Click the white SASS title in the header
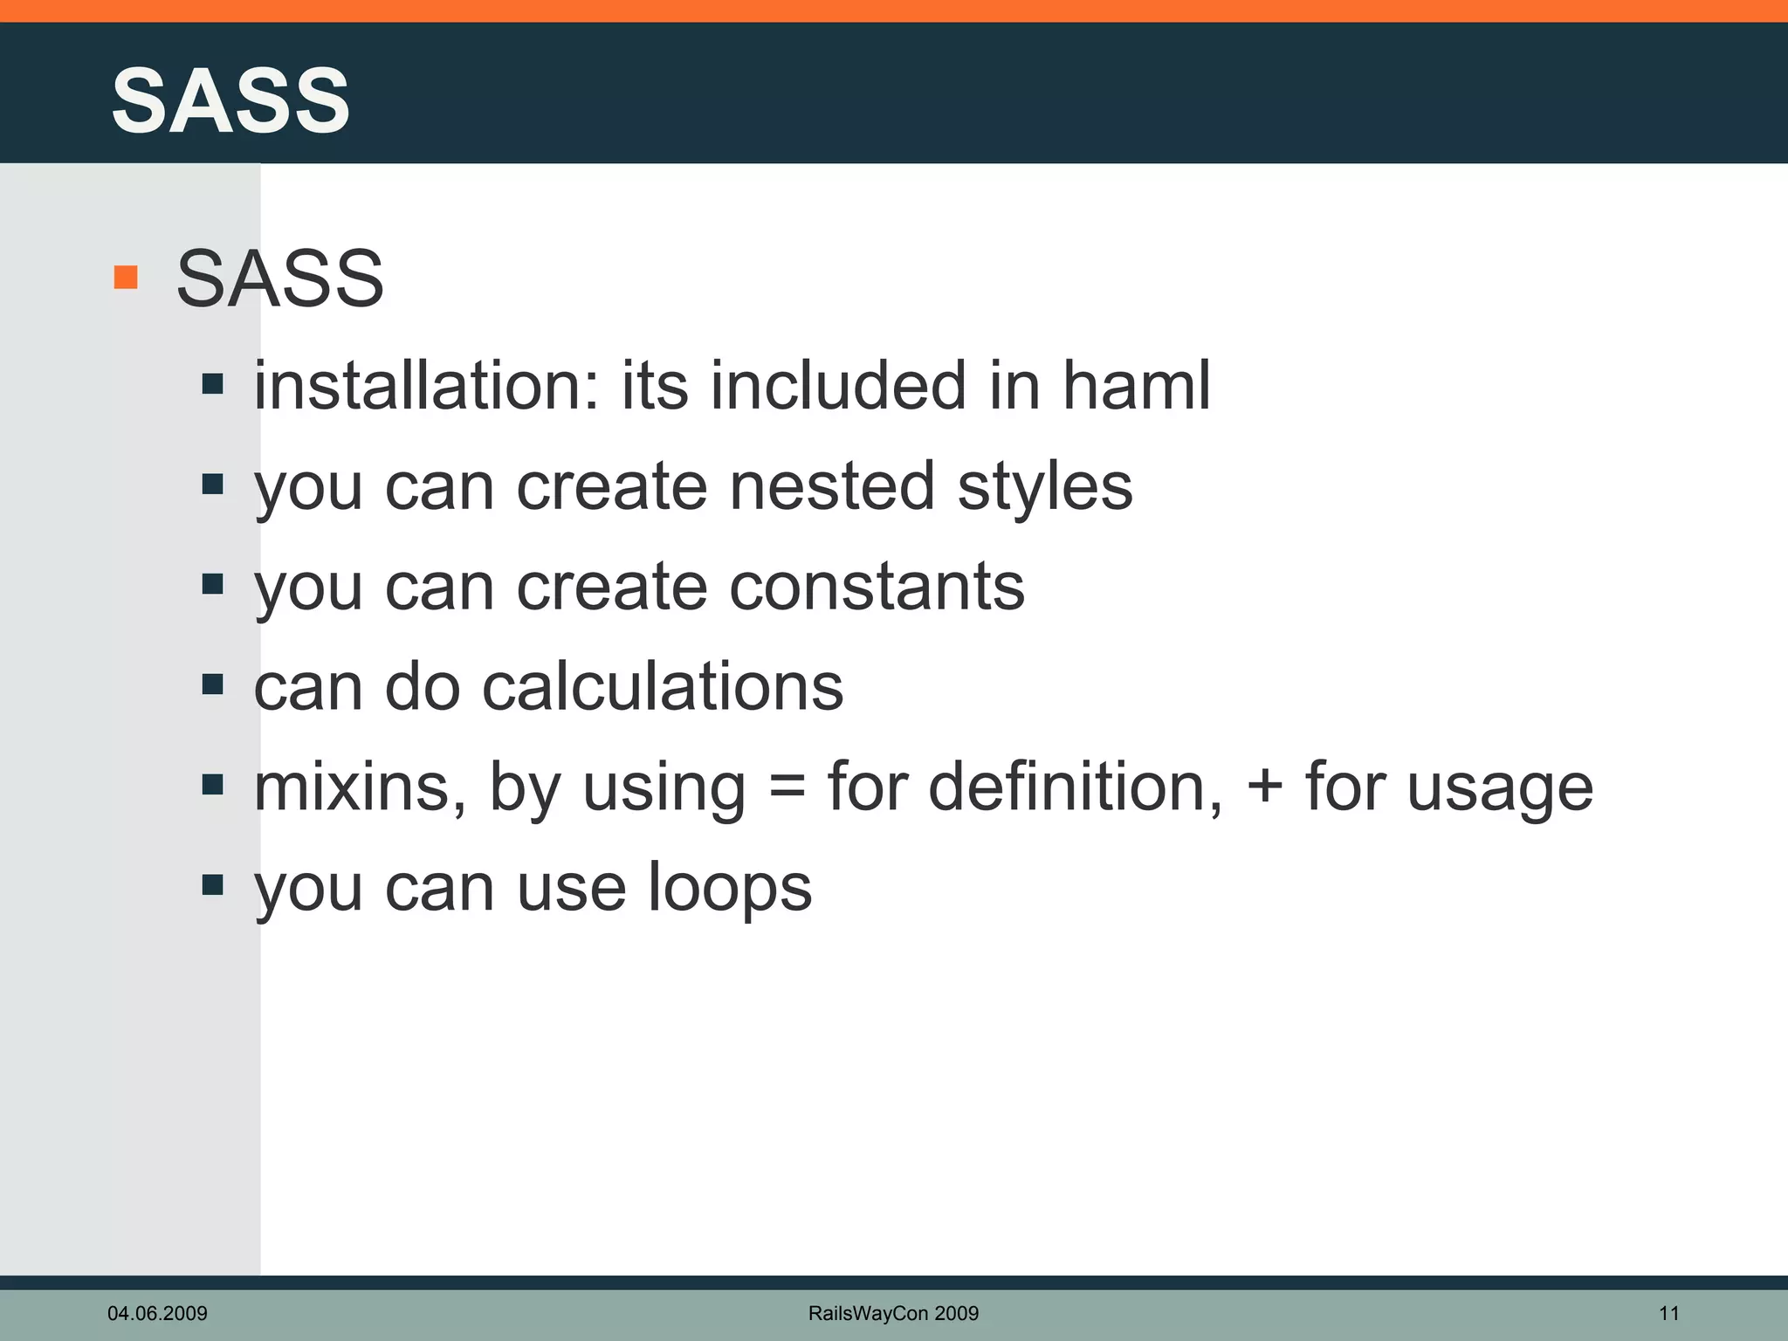click(230, 101)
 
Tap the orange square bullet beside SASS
click(126, 278)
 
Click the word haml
click(1136, 385)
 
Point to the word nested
click(832, 486)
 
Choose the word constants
click(877, 587)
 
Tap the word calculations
click(663, 686)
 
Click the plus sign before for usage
click(1264, 787)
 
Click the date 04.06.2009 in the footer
click(157, 1313)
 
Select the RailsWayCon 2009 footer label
click(893, 1313)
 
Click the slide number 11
click(1668, 1313)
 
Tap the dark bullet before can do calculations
click(212, 684)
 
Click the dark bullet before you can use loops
click(212, 885)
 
